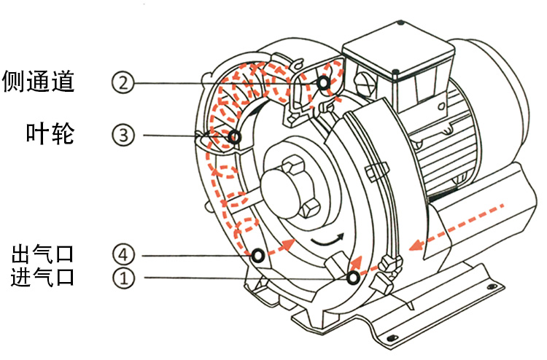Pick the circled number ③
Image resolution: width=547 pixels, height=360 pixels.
(x=124, y=134)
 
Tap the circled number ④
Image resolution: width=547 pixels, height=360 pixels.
(x=124, y=254)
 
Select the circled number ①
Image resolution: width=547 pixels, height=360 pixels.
(x=124, y=278)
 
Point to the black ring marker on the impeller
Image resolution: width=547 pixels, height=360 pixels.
(x=235, y=136)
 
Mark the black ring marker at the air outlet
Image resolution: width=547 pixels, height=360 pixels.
(x=257, y=256)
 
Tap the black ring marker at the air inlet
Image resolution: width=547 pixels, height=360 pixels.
(x=353, y=278)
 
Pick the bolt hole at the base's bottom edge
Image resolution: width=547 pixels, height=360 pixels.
(x=394, y=337)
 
